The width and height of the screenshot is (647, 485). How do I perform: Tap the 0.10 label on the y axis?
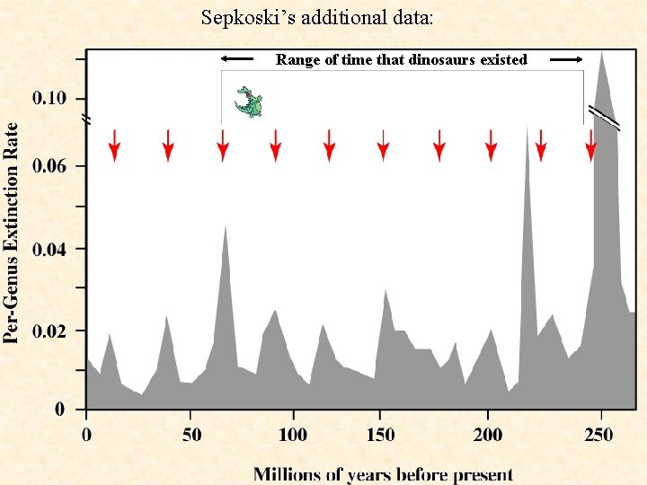[49, 97]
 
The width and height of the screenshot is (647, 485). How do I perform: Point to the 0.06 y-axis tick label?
[49, 166]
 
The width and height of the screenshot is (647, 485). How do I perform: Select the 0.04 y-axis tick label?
[49, 249]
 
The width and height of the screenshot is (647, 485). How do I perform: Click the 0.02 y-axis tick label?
[49, 331]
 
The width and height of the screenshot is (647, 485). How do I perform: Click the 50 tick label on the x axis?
[191, 436]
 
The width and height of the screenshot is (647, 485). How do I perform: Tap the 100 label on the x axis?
[293, 436]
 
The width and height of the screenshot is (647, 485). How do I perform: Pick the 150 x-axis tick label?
[380, 436]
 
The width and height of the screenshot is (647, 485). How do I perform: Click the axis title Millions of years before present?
[383, 473]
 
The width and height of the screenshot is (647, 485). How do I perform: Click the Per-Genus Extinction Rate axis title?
[12, 233]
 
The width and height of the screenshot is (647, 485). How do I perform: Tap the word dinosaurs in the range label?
[440, 60]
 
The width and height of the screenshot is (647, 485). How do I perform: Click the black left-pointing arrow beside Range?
[237, 59]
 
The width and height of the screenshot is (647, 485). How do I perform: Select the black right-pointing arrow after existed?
[566, 59]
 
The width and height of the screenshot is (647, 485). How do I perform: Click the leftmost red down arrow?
[114, 145]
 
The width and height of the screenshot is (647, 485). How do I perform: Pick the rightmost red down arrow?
[590, 145]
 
